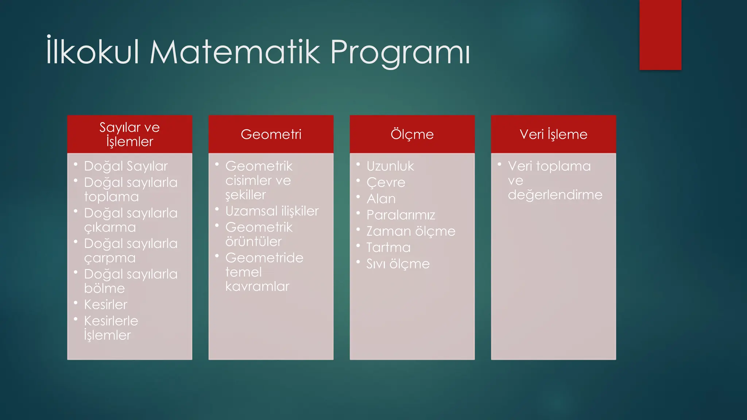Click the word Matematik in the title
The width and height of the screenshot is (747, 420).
click(x=236, y=52)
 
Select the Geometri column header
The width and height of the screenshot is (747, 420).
click(x=271, y=135)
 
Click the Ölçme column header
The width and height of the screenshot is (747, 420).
click(x=412, y=135)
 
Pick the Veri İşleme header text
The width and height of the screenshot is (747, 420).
click(x=553, y=135)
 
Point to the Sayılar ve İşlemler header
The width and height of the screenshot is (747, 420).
click(x=129, y=135)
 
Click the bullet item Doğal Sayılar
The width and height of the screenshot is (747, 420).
click(x=126, y=166)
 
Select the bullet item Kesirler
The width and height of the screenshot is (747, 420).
click(x=106, y=304)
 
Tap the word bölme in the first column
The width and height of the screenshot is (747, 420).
click(x=104, y=288)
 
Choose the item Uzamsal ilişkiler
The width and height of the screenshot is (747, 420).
click(x=272, y=211)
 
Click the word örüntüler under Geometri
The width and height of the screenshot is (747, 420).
click(x=253, y=242)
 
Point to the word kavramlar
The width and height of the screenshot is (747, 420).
click(x=257, y=287)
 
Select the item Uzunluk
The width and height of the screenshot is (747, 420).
click(x=390, y=166)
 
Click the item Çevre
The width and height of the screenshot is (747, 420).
click(x=386, y=183)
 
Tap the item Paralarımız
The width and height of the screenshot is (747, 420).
click(x=401, y=215)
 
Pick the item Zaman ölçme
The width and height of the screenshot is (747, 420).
click(x=411, y=232)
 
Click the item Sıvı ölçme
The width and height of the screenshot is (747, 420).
click(x=398, y=264)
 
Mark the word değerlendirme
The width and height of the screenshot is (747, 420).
click(x=555, y=195)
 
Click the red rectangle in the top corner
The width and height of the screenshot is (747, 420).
click(x=660, y=35)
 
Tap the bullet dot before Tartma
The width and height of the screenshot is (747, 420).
click(x=358, y=246)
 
